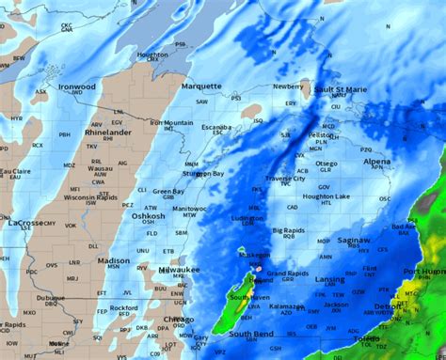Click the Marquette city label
point(202,86)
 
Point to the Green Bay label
point(168,191)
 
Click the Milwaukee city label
point(179,270)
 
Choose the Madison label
point(114,260)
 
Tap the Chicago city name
point(178,320)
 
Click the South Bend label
point(250,334)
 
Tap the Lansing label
point(329,279)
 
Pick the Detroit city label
point(389,307)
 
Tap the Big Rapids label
point(290,229)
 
